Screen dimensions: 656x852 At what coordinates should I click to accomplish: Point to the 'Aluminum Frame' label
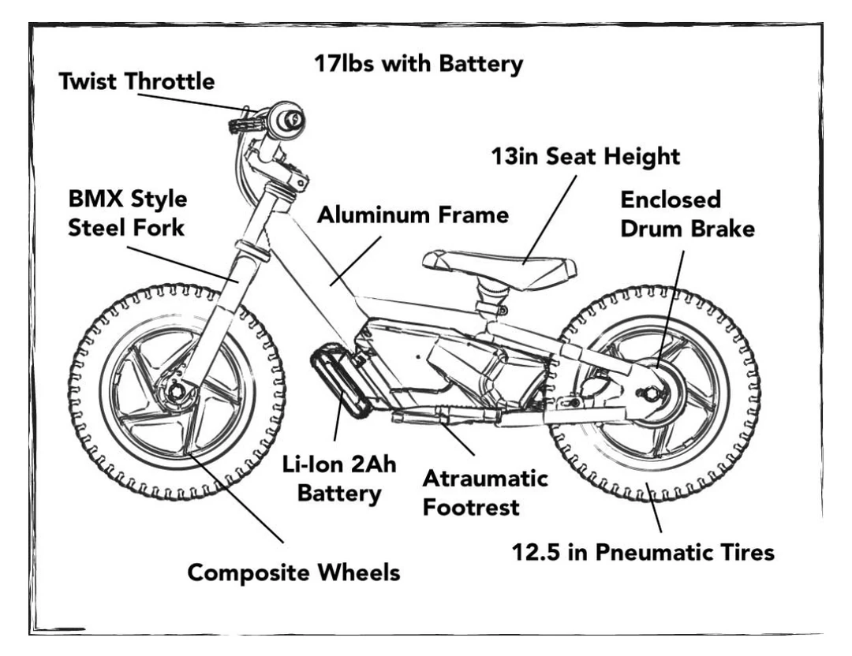[413, 215]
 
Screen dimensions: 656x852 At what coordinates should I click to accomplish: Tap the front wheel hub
[175, 389]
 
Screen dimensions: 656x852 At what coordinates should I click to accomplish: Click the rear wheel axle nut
[652, 393]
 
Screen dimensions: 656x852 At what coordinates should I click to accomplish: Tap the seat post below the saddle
[486, 299]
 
